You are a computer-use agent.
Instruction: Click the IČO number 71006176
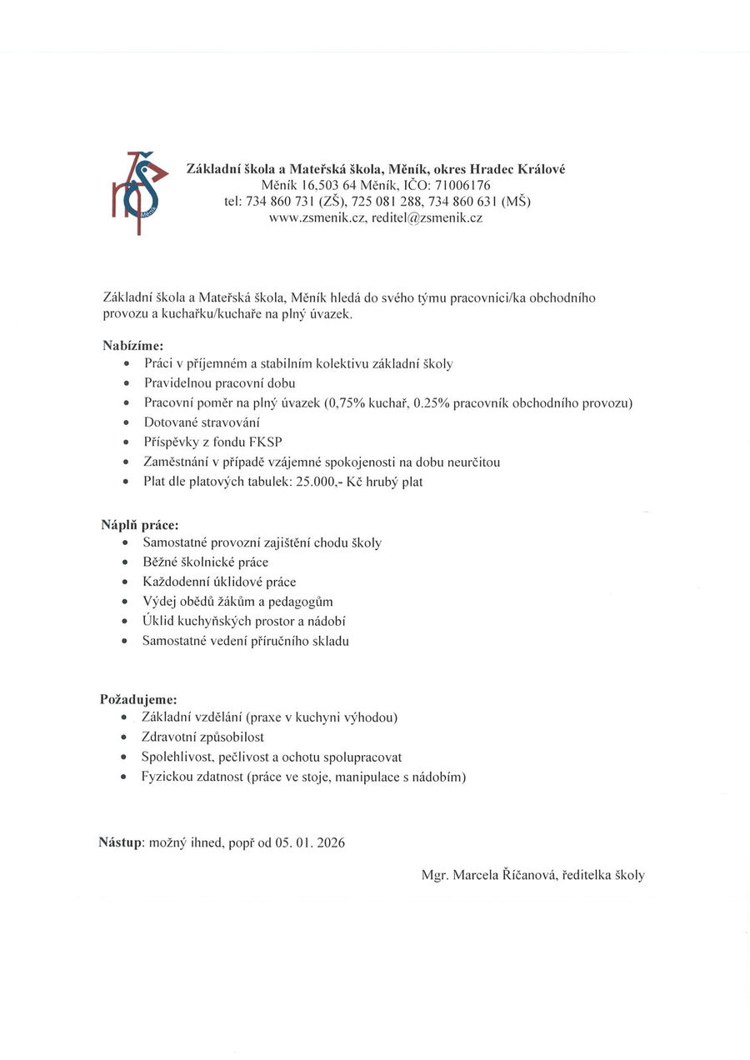point(462,185)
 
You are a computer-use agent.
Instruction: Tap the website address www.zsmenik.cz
point(311,218)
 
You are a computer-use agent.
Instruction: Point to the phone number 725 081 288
point(391,202)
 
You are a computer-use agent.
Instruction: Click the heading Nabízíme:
point(132,344)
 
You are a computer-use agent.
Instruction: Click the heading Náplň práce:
point(140,525)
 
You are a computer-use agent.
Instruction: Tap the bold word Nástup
point(121,842)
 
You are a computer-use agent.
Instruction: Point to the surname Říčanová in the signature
point(519,875)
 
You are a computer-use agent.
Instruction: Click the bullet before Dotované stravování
point(126,423)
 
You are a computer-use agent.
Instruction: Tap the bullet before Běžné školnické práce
point(125,562)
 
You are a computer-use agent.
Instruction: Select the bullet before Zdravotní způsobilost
point(124,738)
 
